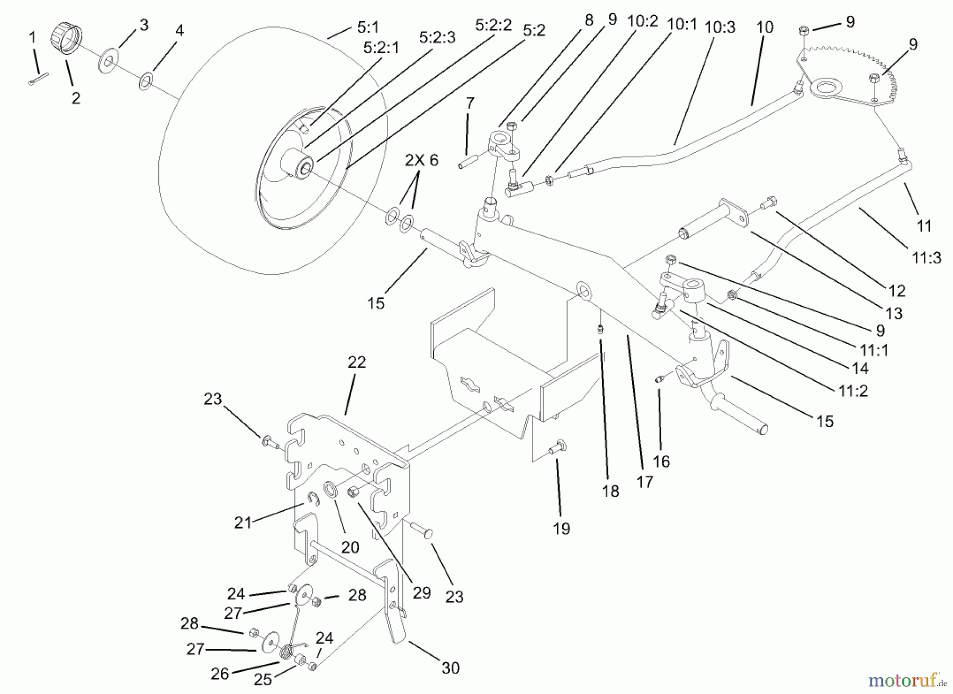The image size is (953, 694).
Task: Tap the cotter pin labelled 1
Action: (x=38, y=78)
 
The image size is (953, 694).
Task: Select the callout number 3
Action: (x=143, y=25)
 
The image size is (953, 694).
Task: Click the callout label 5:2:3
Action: (x=437, y=38)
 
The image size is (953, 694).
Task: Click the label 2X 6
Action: (x=422, y=160)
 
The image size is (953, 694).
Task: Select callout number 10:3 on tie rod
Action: (x=720, y=27)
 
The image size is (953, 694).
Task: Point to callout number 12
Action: (x=897, y=291)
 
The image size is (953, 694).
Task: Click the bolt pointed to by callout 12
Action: (x=769, y=202)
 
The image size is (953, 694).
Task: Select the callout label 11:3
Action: (x=927, y=258)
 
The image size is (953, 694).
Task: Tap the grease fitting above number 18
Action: (x=601, y=330)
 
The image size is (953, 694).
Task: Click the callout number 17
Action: (x=645, y=482)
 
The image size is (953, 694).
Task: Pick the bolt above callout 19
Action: (x=558, y=447)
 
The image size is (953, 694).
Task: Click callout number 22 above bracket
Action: (x=357, y=362)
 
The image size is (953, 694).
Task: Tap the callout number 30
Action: (x=450, y=668)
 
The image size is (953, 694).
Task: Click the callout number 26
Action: (x=220, y=673)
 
